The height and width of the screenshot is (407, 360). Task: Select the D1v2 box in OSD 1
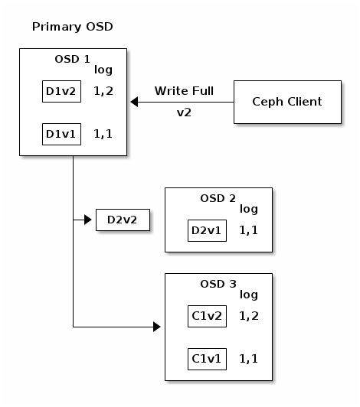click(x=61, y=93)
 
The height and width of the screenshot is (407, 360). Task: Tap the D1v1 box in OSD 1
click(x=61, y=135)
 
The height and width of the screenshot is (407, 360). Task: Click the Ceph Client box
click(x=287, y=101)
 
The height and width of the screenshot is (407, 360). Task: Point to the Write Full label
click(x=184, y=91)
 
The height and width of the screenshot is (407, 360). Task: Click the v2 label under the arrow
click(x=184, y=112)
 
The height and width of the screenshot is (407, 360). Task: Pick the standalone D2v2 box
click(x=123, y=220)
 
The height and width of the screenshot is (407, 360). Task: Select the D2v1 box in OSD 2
click(x=207, y=230)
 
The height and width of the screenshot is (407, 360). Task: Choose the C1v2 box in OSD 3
click(x=207, y=315)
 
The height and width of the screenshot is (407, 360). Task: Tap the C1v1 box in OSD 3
click(x=207, y=357)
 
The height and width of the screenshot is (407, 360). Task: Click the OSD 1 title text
click(x=73, y=60)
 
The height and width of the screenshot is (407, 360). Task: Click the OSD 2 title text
click(x=218, y=198)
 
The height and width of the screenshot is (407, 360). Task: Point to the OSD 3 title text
click(x=218, y=284)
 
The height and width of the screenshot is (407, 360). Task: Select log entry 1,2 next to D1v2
click(x=103, y=93)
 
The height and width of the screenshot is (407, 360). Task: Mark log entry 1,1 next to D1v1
click(x=103, y=135)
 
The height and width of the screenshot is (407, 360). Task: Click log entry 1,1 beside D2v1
click(x=249, y=230)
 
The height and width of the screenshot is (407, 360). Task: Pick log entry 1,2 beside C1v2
click(x=249, y=315)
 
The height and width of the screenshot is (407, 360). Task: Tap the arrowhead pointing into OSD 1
click(x=134, y=101)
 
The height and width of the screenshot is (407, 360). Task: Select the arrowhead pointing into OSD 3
click(x=156, y=327)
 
